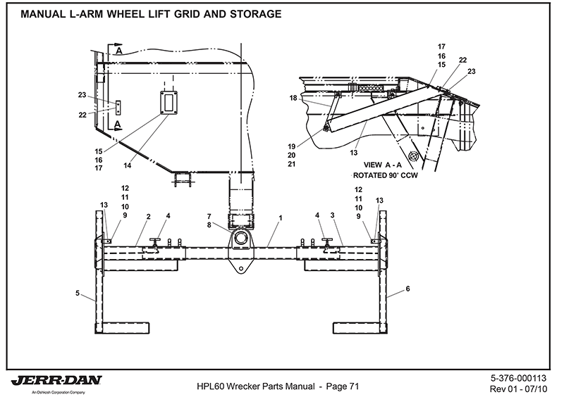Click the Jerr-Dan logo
[56, 381]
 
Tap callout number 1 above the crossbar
[280, 218]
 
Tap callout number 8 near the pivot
[209, 225]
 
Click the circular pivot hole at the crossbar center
[241, 239]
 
